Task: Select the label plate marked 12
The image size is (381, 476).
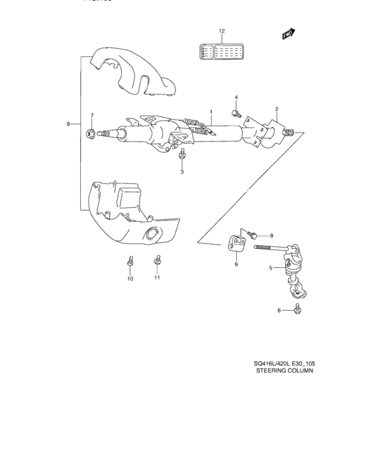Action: [220, 53]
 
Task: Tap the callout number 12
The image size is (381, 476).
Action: [221, 32]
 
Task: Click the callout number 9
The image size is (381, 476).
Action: [69, 123]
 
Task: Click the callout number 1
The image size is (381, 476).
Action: [212, 111]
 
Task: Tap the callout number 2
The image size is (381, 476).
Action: [277, 109]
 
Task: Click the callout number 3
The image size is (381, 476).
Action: [182, 172]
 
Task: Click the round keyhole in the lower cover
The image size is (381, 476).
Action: [150, 235]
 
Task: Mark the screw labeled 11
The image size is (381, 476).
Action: [157, 259]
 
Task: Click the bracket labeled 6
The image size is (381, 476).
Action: [235, 241]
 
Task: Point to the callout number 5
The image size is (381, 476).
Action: [270, 268]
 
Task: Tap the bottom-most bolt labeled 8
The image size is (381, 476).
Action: [298, 310]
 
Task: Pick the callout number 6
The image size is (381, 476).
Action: [235, 264]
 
